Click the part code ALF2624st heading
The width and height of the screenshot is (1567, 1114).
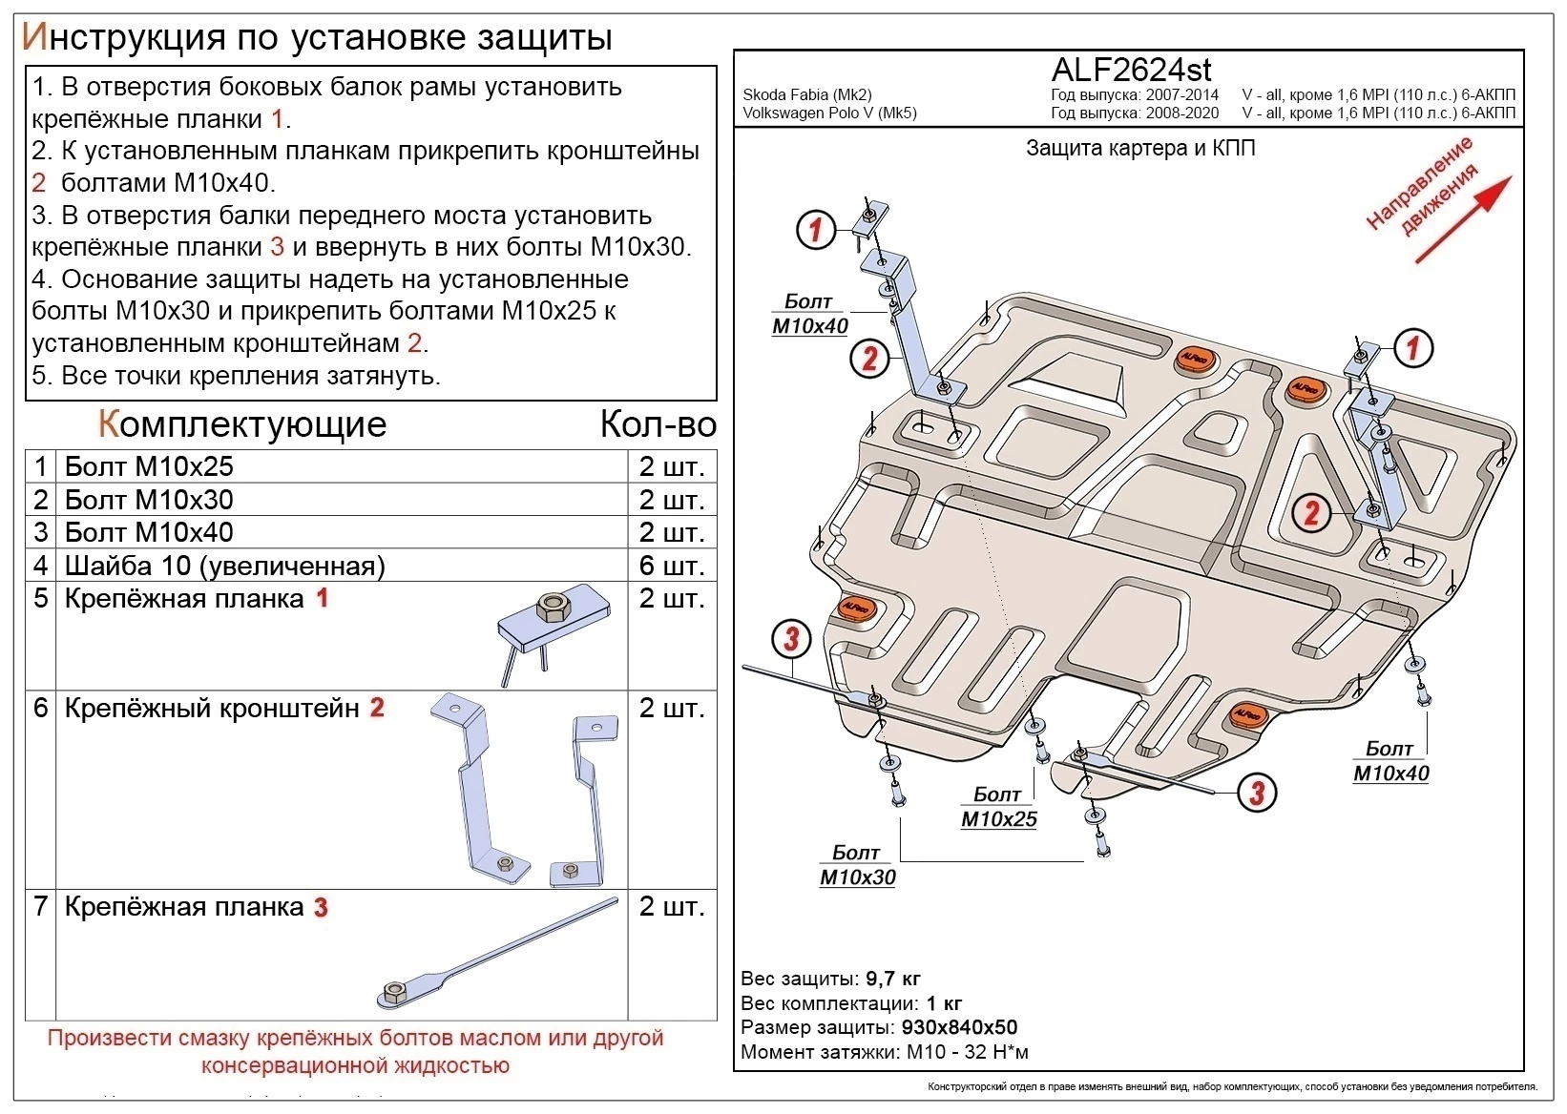point(1131,70)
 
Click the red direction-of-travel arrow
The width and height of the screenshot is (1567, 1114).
point(1462,218)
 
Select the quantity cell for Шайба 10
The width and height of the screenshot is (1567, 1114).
point(671,566)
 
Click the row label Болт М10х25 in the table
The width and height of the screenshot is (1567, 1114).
point(148,466)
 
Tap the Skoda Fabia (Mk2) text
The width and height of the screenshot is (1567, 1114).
point(806,95)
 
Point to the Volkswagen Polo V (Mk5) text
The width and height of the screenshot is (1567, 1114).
point(829,113)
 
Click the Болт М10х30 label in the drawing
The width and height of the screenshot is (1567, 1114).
point(857,865)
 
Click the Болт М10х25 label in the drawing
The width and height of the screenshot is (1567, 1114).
point(998,807)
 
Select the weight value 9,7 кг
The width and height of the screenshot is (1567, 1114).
point(893,980)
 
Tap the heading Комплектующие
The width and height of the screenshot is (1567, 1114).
point(242,424)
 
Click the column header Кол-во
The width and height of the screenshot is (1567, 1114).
point(658,424)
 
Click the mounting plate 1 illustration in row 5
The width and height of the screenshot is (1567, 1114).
point(551,630)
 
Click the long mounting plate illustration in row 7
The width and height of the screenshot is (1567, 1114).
point(496,955)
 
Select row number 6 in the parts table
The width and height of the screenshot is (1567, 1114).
point(40,708)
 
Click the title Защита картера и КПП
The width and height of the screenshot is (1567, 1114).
point(1140,148)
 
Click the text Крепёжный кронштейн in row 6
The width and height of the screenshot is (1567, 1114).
point(211,708)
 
